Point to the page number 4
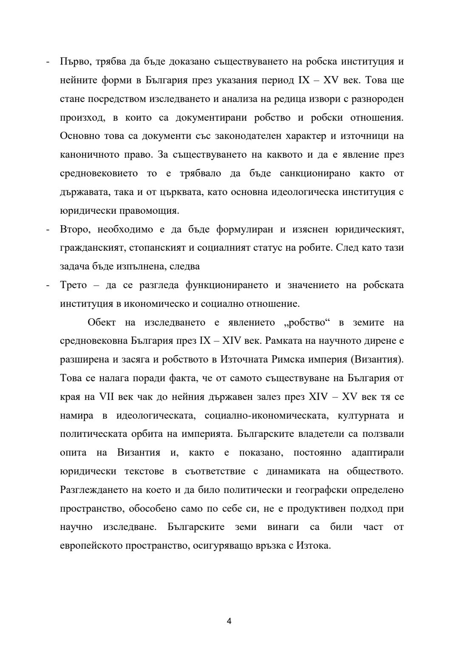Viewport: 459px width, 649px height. coord(229,621)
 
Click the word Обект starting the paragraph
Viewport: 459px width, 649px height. coord(102,322)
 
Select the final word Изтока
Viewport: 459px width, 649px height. coord(314,546)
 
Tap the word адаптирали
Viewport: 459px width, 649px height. coord(377,453)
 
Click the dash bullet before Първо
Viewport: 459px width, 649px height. coord(48,62)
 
